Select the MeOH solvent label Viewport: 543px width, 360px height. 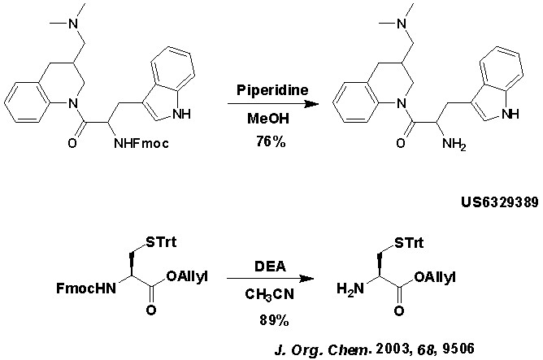[x=271, y=119]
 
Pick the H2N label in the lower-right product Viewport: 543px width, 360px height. [x=355, y=286]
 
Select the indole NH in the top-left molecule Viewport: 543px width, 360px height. [x=187, y=115]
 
